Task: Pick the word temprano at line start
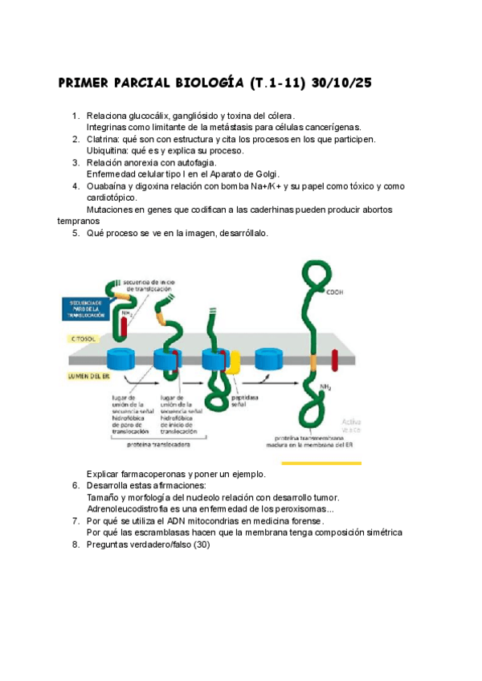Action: (x=78, y=220)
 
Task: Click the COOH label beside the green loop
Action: (x=334, y=293)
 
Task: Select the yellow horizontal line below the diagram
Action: (x=314, y=463)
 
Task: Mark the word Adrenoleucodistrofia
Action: (x=132, y=508)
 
